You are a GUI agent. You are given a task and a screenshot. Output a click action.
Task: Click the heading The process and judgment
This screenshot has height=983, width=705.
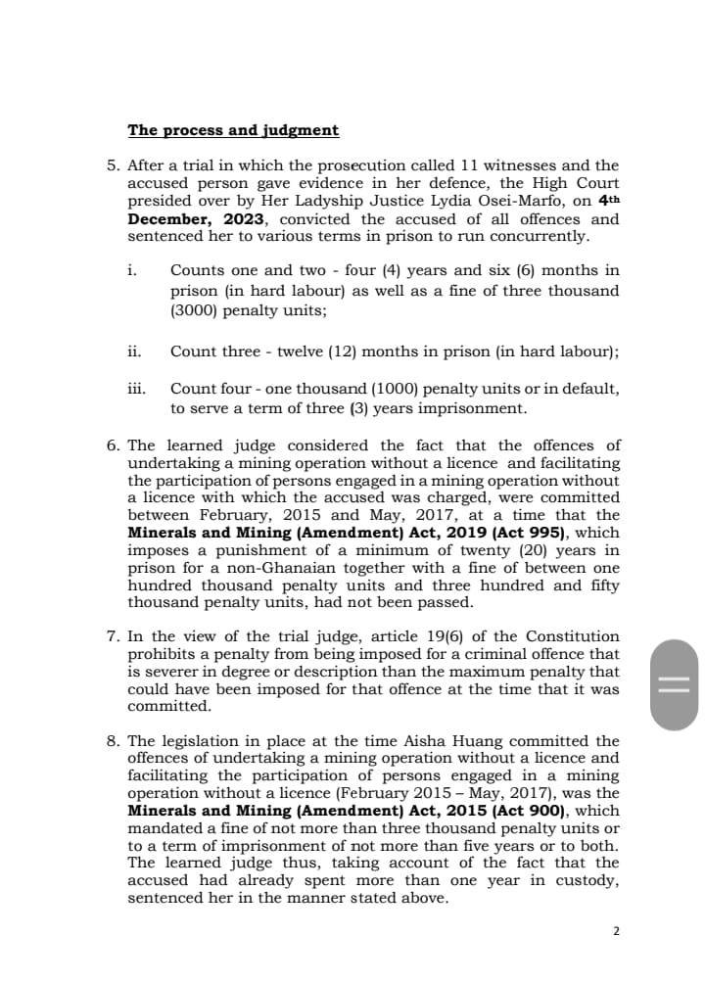[x=233, y=130]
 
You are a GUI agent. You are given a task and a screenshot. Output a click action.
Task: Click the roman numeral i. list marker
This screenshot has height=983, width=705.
[x=132, y=270]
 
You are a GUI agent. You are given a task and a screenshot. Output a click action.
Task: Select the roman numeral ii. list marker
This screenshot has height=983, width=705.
[x=134, y=351]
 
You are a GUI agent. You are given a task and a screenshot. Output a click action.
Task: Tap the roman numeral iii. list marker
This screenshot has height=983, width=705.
[x=136, y=389]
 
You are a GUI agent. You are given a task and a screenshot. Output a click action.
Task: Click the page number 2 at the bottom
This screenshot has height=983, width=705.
[x=616, y=931]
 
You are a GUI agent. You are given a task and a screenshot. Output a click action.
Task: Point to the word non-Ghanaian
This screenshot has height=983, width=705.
[x=272, y=568]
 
